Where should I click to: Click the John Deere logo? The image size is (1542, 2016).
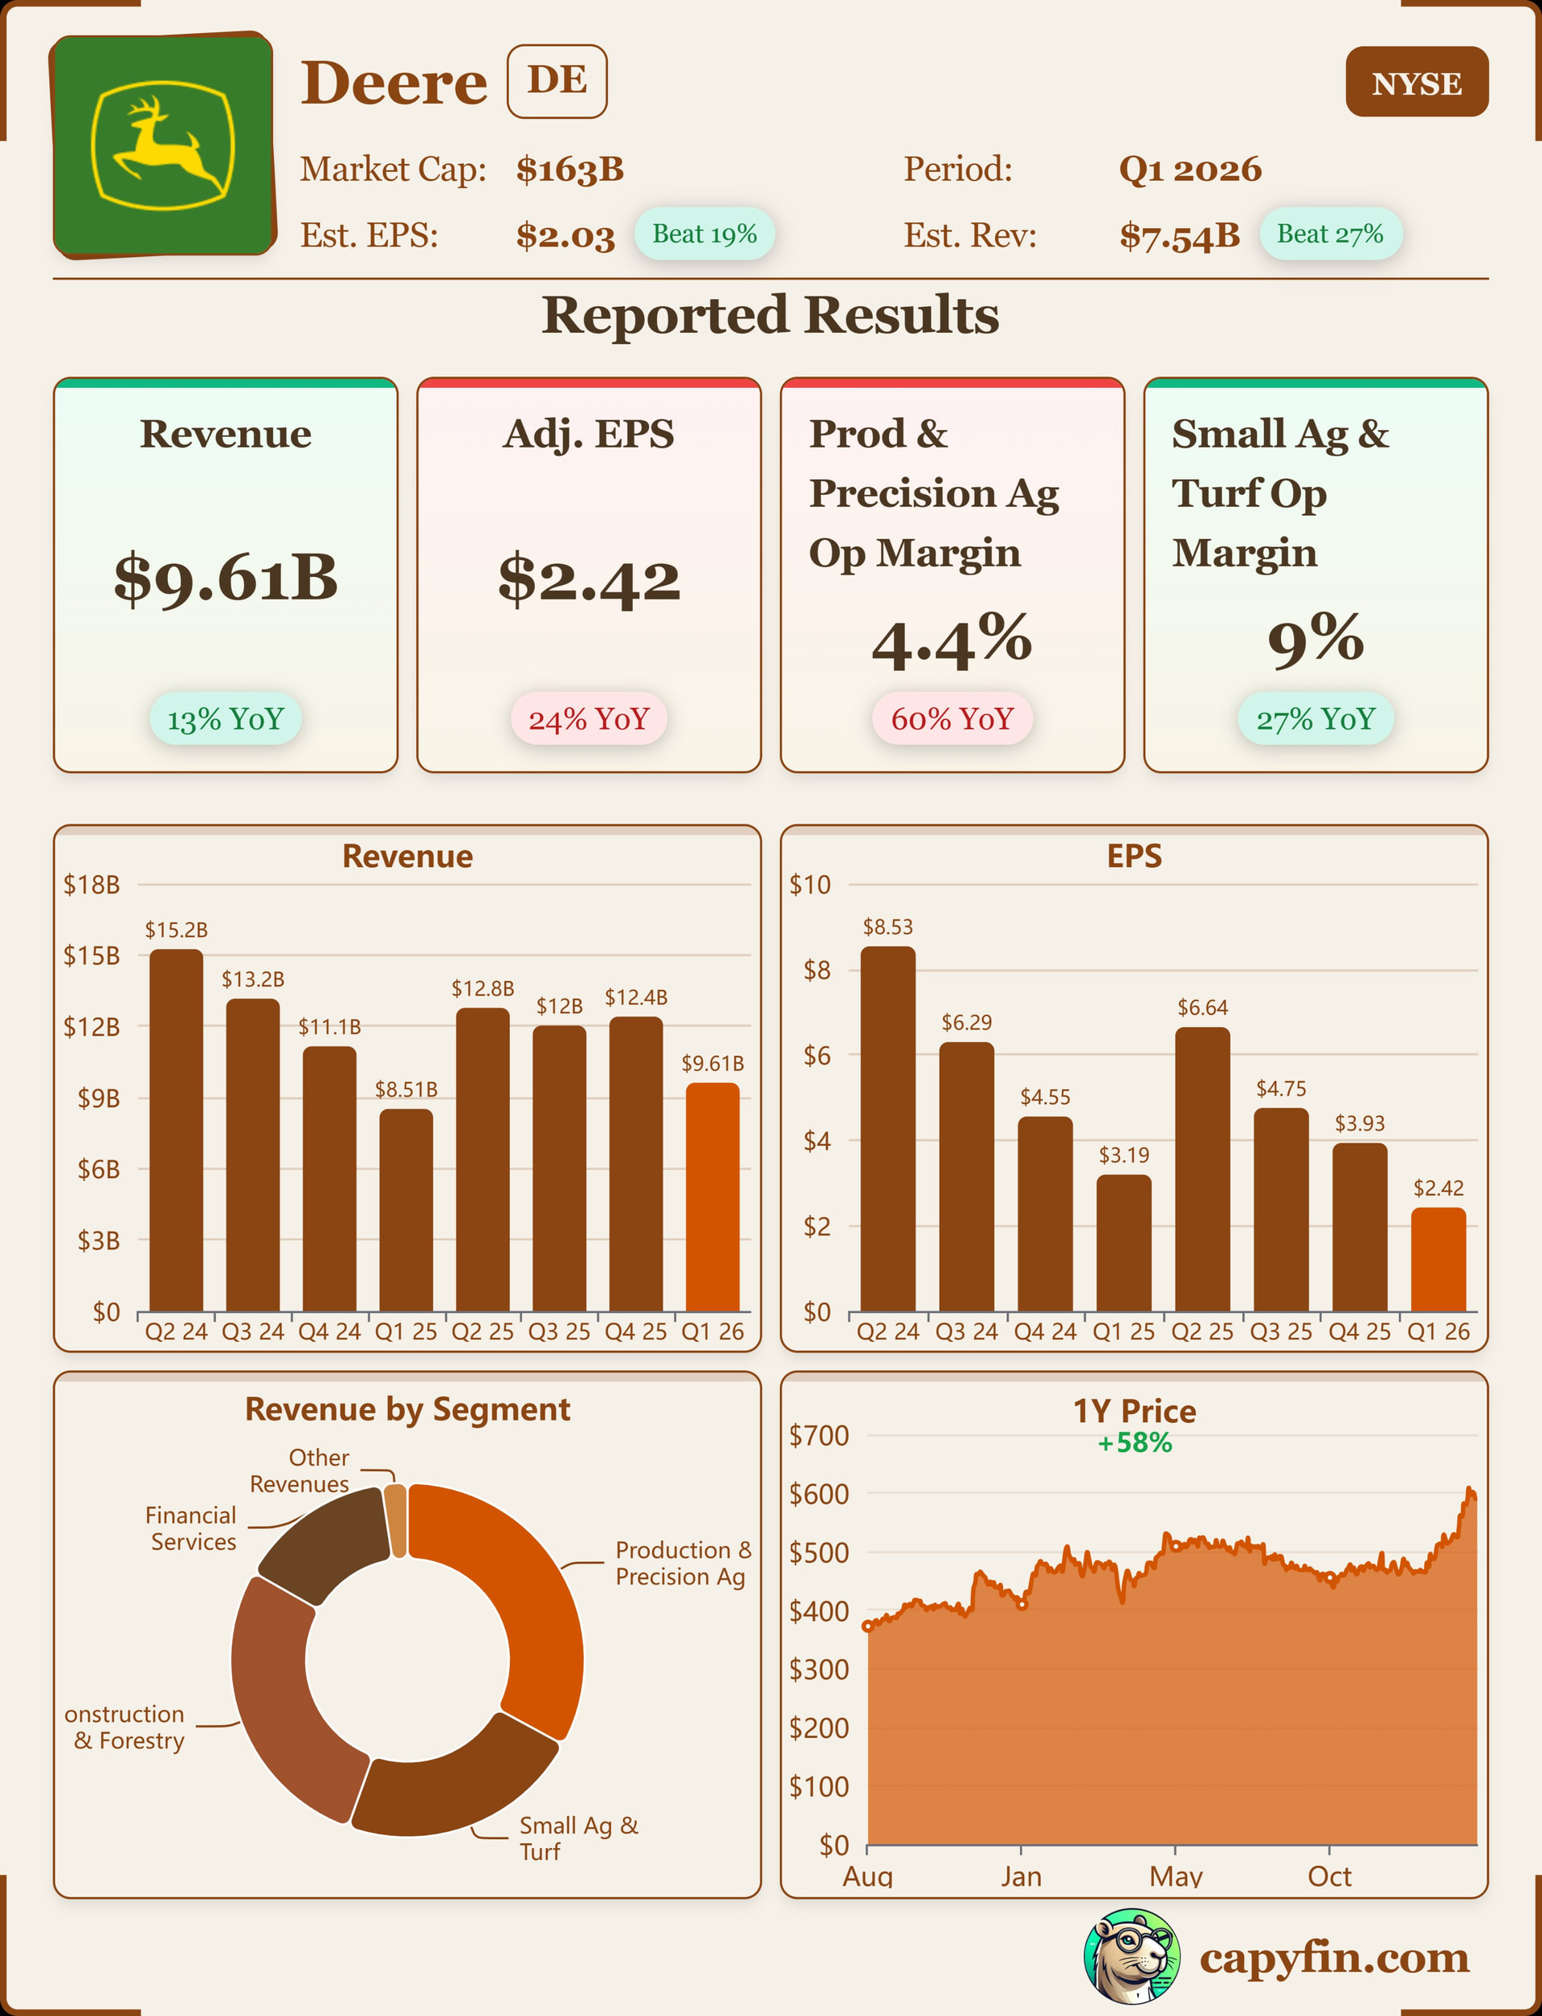point(163,145)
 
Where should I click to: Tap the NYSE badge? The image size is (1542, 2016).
point(1416,83)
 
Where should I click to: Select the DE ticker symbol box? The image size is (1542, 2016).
point(557,81)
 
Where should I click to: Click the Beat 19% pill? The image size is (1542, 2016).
point(704,234)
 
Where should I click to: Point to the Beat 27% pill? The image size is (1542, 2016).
point(1330,234)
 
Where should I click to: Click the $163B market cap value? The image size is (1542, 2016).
point(570,170)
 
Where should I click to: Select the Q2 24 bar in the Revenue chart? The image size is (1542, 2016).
point(176,1129)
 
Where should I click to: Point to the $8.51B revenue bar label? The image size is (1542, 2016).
point(406,1090)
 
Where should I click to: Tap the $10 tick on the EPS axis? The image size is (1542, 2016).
point(810,885)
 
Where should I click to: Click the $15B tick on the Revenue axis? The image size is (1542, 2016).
point(91,955)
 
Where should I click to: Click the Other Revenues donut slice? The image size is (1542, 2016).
point(396,1520)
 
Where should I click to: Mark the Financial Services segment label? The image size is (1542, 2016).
point(192,1528)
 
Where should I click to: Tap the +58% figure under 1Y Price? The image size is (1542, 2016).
point(1135,1443)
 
